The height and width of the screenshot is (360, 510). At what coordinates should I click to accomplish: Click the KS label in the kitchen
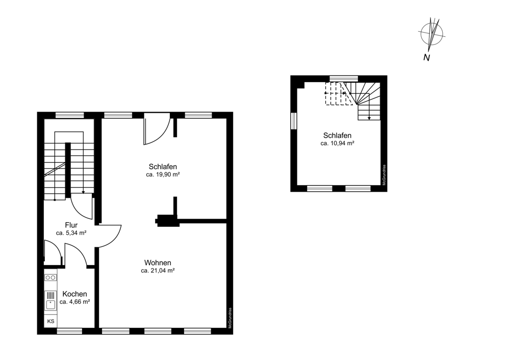[x=50, y=321]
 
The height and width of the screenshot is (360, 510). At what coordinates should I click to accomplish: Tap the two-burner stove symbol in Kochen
[x=50, y=277]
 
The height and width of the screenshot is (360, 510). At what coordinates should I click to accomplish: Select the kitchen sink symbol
[x=50, y=300]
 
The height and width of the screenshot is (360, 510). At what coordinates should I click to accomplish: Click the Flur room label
[x=71, y=225]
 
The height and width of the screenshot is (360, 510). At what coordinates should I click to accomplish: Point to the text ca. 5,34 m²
[x=71, y=233]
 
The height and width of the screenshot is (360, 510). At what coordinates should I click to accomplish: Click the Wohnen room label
[x=158, y=263]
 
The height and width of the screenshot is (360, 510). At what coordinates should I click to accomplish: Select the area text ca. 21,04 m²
[x=158, y=270]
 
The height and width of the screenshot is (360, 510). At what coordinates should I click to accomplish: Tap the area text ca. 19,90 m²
[x=163, y=174]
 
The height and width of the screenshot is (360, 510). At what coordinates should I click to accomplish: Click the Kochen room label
[x=75, y=294]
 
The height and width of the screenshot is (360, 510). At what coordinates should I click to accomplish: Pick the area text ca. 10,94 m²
[x=337, y=143]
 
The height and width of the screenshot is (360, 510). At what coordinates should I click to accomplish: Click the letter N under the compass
[x=426, y=58]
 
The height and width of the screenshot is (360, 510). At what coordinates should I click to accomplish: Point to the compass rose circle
[x=431, y=34]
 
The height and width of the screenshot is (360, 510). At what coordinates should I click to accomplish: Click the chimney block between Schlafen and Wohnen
[x=167, y=220]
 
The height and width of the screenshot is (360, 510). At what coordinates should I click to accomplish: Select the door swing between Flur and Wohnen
[x=110, y=236]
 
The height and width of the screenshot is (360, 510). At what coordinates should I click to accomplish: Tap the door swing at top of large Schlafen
[x=157, y=129]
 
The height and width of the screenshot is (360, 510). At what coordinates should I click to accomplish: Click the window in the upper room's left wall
[x=294, y=121]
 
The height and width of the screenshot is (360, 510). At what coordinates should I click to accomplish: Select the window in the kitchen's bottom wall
[x=69, y=331]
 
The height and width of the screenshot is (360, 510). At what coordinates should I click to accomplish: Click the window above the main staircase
[x=69, y=115]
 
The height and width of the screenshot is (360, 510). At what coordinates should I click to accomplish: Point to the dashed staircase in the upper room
[x=339, y=94]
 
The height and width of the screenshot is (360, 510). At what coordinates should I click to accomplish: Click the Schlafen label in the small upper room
[x=337, y=135]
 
